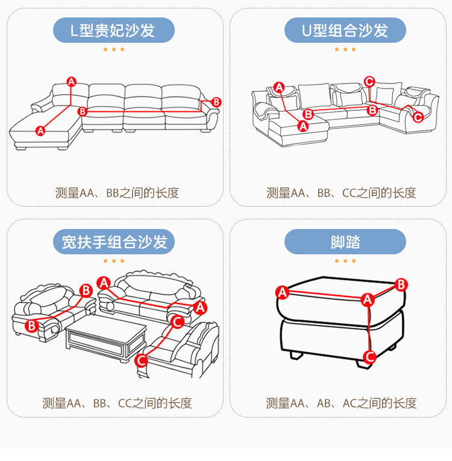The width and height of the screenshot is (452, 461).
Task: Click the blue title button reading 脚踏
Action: tap(345, 242)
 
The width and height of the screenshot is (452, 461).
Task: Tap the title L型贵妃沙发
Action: tap(114, 31)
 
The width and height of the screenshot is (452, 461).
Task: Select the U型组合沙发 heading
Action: tap(345, 31)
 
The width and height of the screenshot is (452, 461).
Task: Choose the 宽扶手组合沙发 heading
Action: tap(114, 242)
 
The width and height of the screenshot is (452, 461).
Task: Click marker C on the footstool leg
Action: tap(370, 356)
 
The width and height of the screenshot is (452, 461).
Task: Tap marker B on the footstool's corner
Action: tap(401, 284)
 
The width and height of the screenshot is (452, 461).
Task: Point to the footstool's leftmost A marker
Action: tap(281, 293)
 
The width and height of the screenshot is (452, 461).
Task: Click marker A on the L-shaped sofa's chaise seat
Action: tap(40, 130)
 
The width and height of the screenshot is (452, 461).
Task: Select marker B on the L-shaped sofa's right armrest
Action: tap(216, 102)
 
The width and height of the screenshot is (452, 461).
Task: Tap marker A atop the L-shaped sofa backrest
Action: tap(71, 81)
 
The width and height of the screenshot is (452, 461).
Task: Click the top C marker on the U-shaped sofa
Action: tap(369, 81)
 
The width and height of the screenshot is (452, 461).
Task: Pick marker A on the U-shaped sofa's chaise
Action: tap(303, 126)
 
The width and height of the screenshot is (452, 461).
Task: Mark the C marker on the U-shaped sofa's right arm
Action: tap(418, 117)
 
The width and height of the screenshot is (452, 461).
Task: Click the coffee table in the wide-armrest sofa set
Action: tap(106, 339)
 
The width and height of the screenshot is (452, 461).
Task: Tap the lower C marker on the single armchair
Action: tap(141, 360)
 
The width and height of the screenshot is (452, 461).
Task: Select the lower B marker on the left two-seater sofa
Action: tap(32, 325)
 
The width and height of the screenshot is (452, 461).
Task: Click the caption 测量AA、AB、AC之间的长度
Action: tap(341, 403)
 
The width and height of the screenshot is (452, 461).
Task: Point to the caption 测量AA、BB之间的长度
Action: tap(117, 193)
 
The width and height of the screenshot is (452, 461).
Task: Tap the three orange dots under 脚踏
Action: tap(345, 261)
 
